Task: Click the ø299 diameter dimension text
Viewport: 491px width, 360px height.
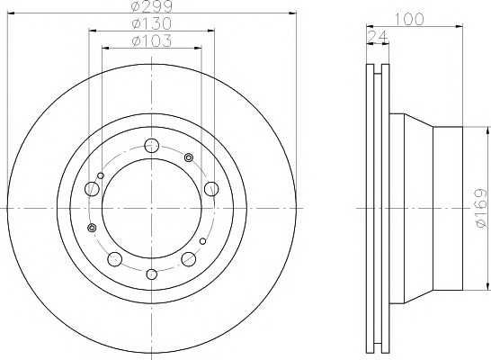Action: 152,6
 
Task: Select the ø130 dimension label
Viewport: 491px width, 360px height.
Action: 152,23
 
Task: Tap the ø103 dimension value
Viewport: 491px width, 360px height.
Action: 152,40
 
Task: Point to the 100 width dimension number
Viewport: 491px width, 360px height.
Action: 408,20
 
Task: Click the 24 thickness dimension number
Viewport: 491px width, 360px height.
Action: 377,37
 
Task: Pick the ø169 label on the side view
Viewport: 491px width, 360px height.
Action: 482,208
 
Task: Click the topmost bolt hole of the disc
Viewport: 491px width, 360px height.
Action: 152,146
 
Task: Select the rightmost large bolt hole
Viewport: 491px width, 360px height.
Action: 211,189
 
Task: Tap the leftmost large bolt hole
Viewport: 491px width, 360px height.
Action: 92,189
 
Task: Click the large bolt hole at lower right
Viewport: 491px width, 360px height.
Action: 189,258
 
